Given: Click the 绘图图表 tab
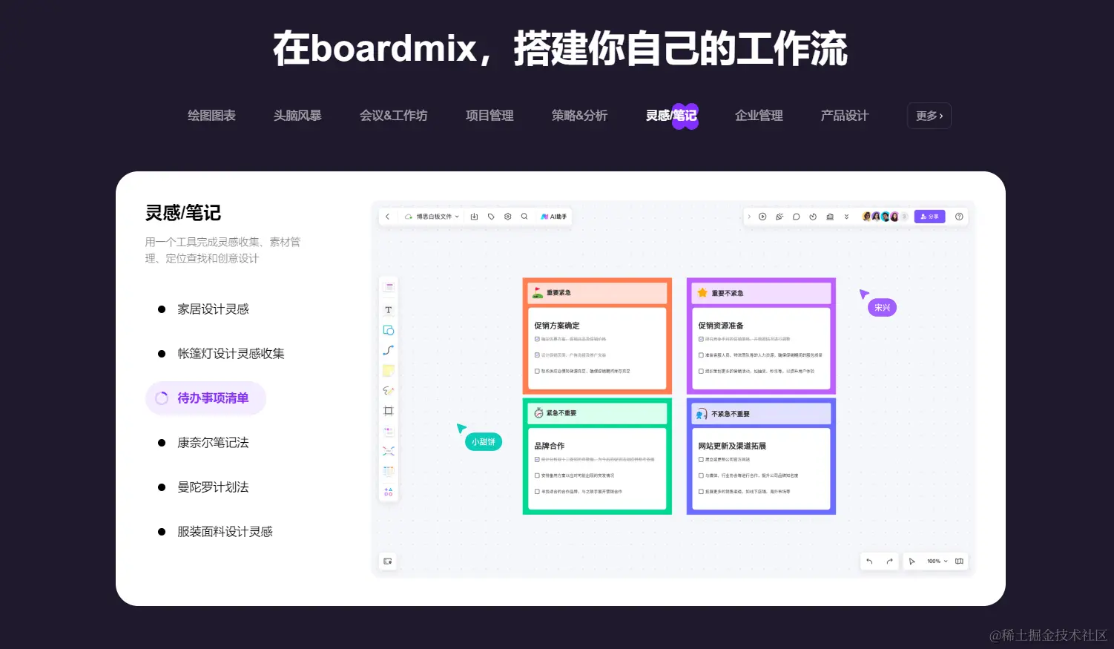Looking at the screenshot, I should [211, 116].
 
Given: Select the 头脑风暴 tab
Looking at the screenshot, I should [297, 116].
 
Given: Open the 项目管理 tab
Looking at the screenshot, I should [490, 116].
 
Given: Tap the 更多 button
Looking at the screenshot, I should [929, 116].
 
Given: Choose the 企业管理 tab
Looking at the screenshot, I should [759, 116].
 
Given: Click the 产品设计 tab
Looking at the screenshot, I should [844, 116].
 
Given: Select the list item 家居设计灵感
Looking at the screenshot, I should [213, 309].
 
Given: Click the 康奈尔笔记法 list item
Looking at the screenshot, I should [213, 443].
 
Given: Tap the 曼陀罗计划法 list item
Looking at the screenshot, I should [213, 487].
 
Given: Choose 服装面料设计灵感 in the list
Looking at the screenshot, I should [225, 532].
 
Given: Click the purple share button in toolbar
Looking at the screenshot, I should [929, 217].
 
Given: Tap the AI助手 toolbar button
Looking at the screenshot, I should [554, 217].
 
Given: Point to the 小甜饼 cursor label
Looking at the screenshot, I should [484, 442].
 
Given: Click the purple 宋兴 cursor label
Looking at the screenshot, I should [882, 308].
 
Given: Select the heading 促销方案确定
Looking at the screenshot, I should [557, 326].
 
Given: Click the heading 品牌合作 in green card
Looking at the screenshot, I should [550, 446].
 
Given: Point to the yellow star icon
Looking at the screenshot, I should [702, 293].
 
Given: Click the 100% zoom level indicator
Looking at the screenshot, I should [934, 561].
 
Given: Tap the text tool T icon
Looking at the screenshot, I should [388, 310].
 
